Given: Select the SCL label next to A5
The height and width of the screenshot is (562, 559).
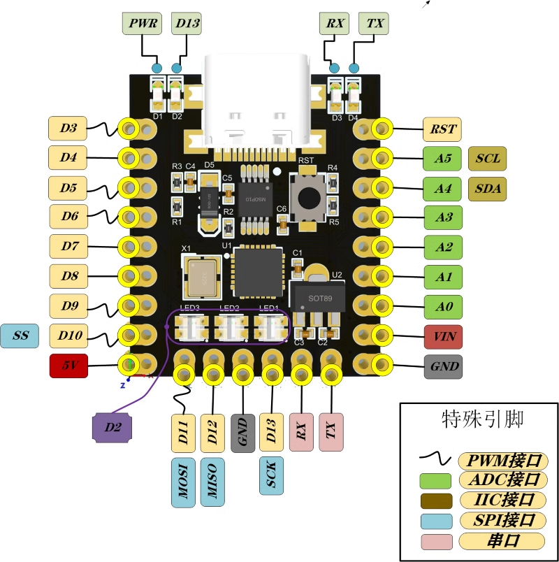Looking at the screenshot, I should click(487, 159).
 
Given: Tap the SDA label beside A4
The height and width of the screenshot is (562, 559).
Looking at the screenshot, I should click(487, 188).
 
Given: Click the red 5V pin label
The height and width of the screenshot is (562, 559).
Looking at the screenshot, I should click(68, 366).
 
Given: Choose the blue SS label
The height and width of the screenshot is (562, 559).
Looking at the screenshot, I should click(21, 336).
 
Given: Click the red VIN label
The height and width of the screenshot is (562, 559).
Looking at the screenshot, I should click(443, 336).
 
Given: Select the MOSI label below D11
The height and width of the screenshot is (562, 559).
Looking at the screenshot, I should click(184, 482).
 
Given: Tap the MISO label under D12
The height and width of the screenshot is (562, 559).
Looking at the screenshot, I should click(212, 482).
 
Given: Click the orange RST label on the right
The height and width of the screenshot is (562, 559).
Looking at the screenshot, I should click(443, 129).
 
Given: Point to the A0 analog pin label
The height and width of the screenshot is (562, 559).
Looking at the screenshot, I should click(443, 306).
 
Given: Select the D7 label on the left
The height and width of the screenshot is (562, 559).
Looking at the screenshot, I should click(68, 247).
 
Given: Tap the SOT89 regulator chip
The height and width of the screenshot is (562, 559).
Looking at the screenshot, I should click(317, 297).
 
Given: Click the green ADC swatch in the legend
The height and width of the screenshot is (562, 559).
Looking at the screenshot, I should click(436, 481).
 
